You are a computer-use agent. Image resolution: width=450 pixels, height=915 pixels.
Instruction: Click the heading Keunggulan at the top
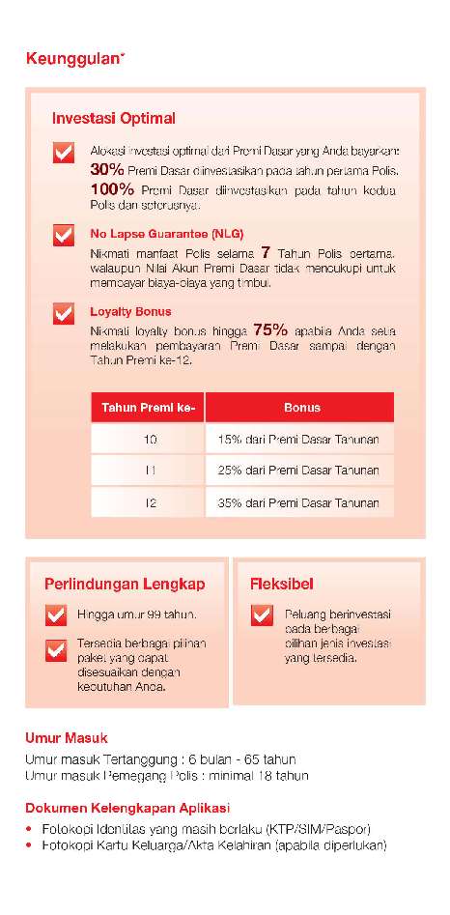coord(74,60)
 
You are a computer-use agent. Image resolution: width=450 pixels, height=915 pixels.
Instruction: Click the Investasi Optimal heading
coord(113,119)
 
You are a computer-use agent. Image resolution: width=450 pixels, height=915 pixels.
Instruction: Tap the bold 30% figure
coord(105,169)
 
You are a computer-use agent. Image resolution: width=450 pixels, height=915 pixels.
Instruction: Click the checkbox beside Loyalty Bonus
coord(64,314)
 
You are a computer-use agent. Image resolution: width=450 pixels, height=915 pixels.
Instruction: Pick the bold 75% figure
coord(270,329)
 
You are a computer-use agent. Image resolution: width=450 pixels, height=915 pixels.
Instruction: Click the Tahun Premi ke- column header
coord(148,408)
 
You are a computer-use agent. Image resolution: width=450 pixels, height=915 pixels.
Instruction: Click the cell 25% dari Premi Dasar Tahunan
coord(299,471)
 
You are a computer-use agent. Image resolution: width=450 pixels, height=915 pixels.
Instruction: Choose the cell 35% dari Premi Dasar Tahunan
coord(299,502)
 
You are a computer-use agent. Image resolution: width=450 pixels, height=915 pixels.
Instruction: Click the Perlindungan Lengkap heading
coord(125,584)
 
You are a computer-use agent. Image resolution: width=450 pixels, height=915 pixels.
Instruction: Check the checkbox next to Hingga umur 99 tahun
coord(56,615)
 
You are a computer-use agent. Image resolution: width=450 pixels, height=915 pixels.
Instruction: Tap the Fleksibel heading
coord(281,584)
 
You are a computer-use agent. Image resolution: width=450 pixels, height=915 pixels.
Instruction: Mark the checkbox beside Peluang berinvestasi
coord(262,615)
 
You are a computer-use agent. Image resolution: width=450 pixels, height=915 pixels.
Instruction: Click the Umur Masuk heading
coord(66,738)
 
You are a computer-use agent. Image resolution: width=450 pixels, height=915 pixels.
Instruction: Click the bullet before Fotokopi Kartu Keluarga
coord(30,846)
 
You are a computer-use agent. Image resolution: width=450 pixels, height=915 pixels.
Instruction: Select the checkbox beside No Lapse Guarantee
coord(64,236)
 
